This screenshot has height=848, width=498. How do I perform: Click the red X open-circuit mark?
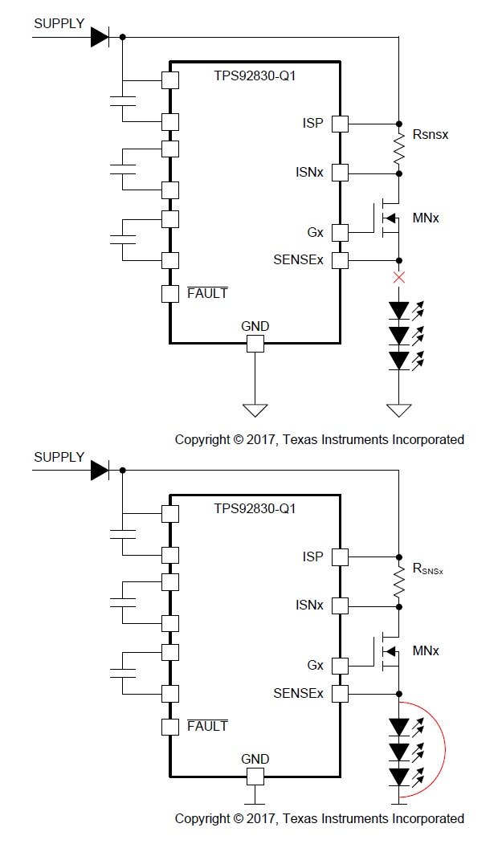coord(399,278)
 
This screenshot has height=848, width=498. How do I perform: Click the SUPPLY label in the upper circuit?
coord(59,23)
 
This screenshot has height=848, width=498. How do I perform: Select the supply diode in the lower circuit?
coord(99,470)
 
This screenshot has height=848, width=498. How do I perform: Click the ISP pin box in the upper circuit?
coord(340,124)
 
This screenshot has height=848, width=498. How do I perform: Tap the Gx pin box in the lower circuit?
coord(340,666)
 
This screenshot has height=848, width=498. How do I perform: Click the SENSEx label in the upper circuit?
coord(298,260)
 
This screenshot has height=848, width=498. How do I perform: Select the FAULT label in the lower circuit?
coord(207,726)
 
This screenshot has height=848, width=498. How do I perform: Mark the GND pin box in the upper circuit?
coord(255,344)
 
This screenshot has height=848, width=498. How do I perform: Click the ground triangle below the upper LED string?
coord(399,410)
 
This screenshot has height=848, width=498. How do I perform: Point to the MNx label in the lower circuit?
coord(425,650)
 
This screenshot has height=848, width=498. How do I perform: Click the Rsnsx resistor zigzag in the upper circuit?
coord(399,149)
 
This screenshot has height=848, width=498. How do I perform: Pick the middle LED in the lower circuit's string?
coord(399,752)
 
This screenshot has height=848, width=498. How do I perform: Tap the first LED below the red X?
coord(399,309)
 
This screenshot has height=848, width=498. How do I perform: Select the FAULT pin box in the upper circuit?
coord(169,293)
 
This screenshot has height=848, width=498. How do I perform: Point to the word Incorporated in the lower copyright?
coord(427,818)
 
